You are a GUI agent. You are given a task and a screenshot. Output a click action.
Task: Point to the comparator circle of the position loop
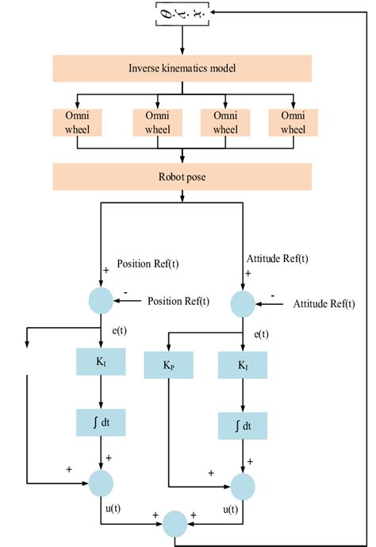pos(102,301)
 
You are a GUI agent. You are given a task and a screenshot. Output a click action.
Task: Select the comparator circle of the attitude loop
pos(242,304)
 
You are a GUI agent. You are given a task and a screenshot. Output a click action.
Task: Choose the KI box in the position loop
pos(102,362)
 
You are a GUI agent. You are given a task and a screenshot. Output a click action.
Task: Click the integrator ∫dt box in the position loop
pos(102,424)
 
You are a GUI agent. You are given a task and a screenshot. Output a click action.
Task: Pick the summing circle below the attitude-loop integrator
pos(242,483)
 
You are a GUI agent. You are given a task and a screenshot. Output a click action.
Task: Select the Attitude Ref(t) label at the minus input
pos(324,304)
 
